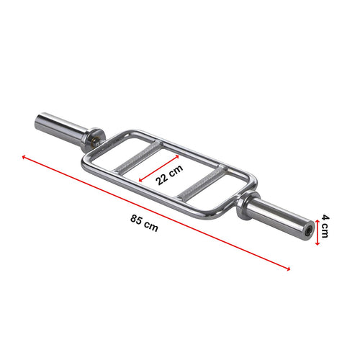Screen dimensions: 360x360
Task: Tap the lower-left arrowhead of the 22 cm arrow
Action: pyautogui.click(x=141, y=179)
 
